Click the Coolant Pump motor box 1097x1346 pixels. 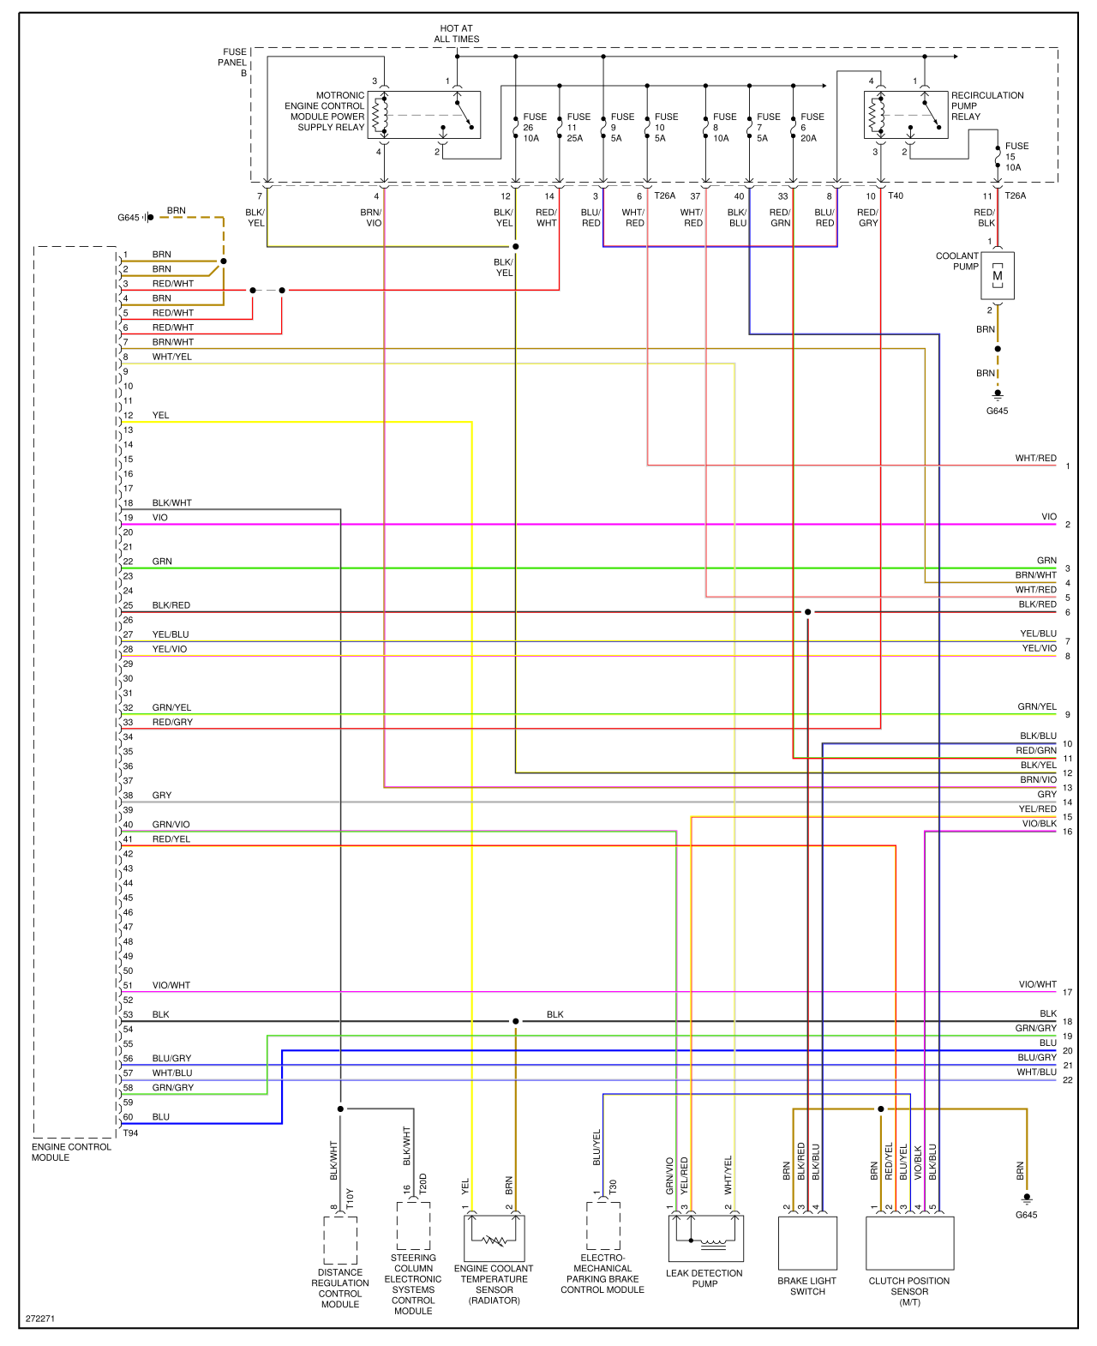coord(997,276)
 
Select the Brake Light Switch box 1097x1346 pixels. coord(807,1242)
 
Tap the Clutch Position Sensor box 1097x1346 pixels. coord(909,1242)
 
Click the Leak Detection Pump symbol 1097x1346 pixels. coord(706,1238)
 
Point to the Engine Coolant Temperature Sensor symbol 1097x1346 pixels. coord(494,1237)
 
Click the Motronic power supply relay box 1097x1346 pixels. coord(423,115)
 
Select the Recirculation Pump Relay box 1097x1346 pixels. coord(906,115)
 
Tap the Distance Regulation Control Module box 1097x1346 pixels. coord(340,1241)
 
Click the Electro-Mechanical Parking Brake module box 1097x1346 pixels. coord(603,1226)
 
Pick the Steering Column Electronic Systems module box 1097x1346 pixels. coord(414,1226)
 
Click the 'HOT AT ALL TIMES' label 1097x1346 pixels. coord(456,33)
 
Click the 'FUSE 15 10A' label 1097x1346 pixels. coord(1016,156)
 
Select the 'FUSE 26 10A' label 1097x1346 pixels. coord(535,127)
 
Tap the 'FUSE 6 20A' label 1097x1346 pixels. coord(812,127)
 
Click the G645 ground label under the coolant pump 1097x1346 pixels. coord(997,411)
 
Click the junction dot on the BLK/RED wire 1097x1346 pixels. coord(807,612)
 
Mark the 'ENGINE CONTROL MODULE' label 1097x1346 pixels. coord(71,1152)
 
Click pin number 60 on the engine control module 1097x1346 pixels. coord(129,1117)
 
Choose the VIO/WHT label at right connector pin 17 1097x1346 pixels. coord(1037,985)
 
